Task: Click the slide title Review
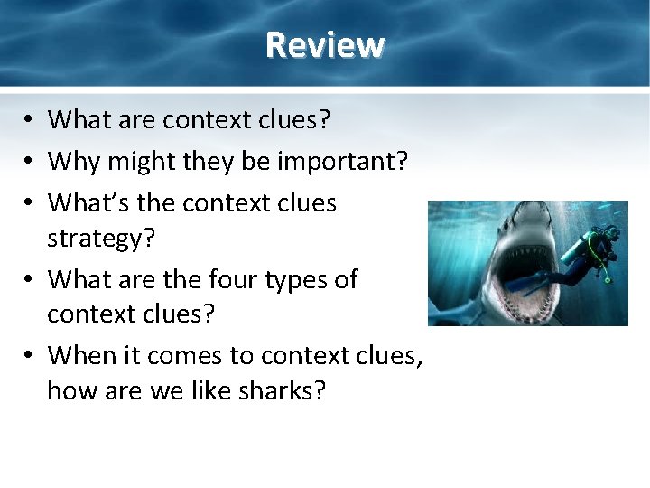tap(325, 44)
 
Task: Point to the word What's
tap(88, 202)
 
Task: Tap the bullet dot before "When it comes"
tap(30, 357)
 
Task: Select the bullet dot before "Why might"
tap(30, 162)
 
